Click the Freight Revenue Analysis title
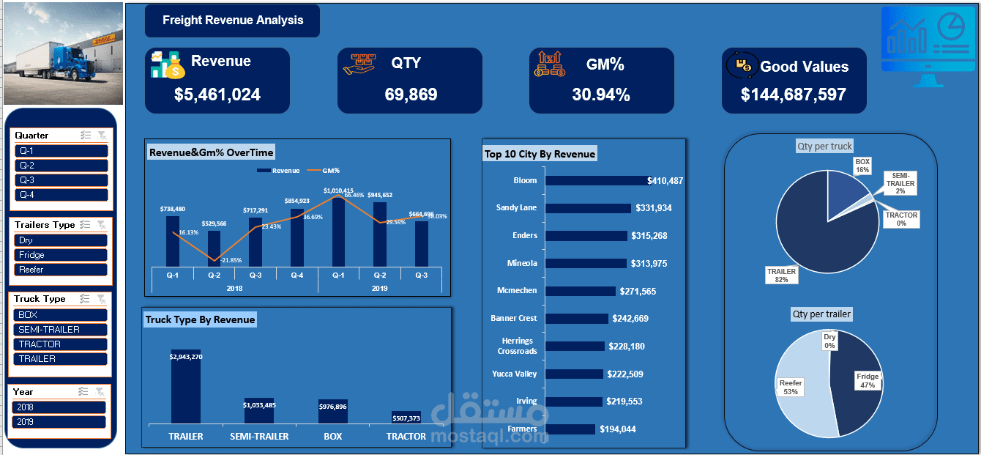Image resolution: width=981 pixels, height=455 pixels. click(232, 21)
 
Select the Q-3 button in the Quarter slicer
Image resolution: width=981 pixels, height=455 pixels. click(61, 180)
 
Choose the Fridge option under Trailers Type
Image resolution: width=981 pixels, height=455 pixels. click(61, 255)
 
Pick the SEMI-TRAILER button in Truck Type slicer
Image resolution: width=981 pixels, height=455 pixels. click(61, 330)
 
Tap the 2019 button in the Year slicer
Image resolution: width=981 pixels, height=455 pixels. click(59, 422)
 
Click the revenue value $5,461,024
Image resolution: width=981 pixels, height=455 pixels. click(217, 95)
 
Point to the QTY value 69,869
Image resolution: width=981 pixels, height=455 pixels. click(410, 95)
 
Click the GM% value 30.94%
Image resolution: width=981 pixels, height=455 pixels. click(601, 95)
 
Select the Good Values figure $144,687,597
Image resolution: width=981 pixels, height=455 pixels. click(794, 95)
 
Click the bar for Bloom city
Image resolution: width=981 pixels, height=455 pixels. click(597, 180)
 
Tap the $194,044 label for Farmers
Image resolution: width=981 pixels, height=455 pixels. click(618, 429)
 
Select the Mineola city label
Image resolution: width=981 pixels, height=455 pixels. click(522, 263)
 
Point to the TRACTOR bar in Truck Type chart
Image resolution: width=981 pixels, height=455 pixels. click(406, 417)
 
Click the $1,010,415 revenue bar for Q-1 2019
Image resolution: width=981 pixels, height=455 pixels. click(338, 231)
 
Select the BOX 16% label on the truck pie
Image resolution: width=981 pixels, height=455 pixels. click(862, 165)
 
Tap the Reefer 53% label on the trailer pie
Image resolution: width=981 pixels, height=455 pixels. click(791, 387)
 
